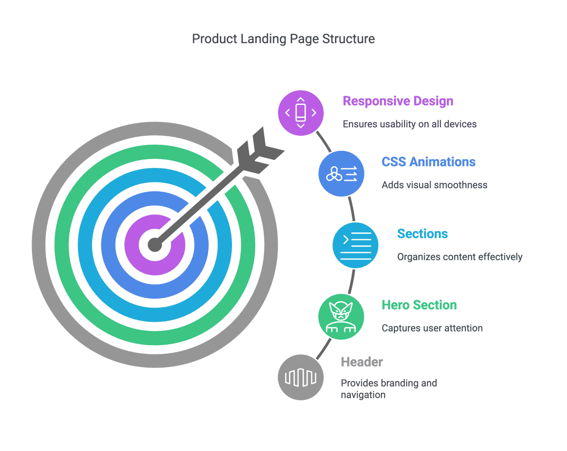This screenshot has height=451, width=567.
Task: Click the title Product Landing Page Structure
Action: click(x=283, y=39)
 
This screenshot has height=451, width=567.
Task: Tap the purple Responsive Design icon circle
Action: click(x=301, y=113)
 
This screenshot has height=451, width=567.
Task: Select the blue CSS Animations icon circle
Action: click(x=341, y=173)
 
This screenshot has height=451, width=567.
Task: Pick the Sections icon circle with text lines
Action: click(x=355, y=245)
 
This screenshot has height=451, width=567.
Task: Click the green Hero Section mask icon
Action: click(x=341, y=317)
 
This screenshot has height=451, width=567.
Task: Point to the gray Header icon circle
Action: click(x=301, y=377)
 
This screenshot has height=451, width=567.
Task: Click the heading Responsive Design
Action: click(x=398, y=101)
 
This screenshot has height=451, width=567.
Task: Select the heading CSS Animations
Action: click(x=428, y=162)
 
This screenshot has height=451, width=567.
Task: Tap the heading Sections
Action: click(x=422, y=234)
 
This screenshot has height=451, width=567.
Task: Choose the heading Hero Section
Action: click(x=419, y=305)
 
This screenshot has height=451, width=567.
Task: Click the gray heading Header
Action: click(x=362, y=362)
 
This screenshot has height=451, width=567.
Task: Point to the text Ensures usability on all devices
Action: click(x=410, y=124)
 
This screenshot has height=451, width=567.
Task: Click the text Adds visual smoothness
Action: click(x=434, y=185)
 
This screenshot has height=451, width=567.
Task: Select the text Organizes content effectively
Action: click(x=459, y=257)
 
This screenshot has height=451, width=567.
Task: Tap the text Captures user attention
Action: click(x=432, y=328)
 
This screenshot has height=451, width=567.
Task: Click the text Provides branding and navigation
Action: click(x=389, y=389)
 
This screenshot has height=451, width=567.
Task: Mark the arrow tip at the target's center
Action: click(x=155, y=245)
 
